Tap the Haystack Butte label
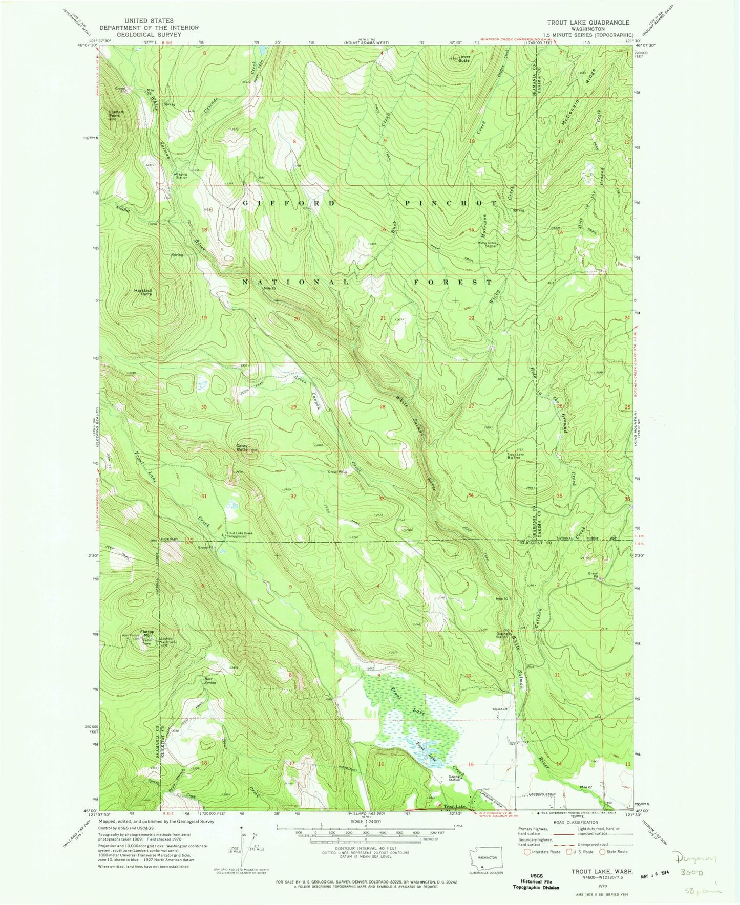point(143,292)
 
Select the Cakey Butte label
point(242,447)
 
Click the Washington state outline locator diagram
point(487,859)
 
